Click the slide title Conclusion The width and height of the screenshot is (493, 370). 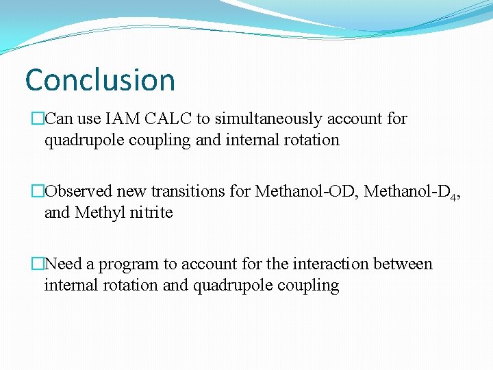tap(100, 80)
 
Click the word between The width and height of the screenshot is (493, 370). tap(405, 264)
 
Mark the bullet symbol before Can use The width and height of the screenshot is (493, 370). tap(37, 119)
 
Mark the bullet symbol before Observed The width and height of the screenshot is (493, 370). tap(37, 192)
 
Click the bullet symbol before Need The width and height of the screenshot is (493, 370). tap(37, 264)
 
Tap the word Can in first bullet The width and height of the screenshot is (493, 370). tap(59, 119)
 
